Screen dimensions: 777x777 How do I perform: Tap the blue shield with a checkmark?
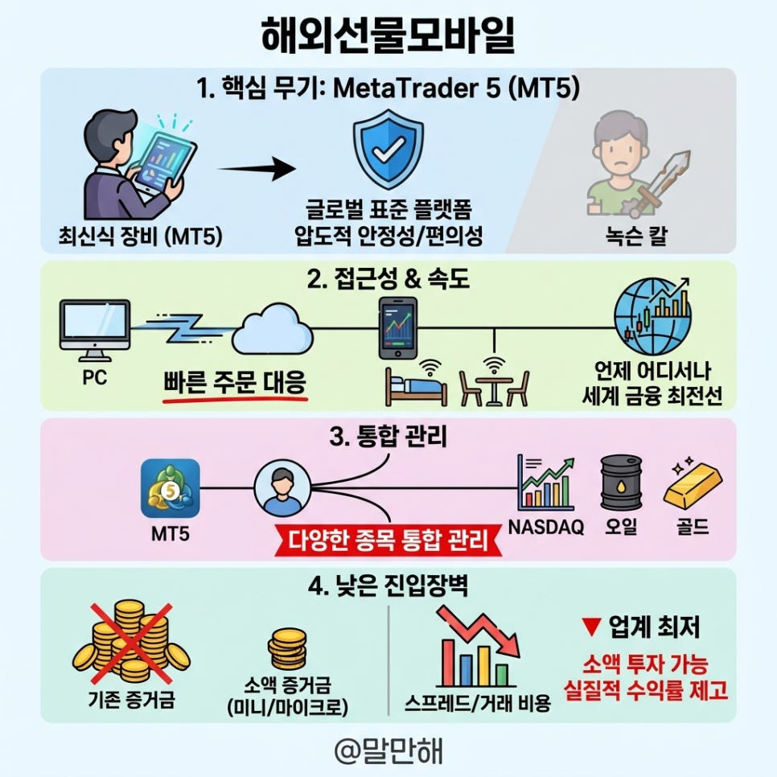pos(388,150)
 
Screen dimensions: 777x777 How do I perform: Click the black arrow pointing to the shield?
pos(256,169)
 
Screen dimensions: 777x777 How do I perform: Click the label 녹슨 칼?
pos(635,237)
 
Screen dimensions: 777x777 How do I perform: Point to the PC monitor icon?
pos(95,329)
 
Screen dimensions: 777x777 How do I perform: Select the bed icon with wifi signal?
pos(417,384)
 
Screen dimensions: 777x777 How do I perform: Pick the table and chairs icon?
pos(494,384)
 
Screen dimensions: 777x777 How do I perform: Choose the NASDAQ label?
pos(546,530)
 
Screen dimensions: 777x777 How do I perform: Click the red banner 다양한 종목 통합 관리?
pos(388,540)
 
